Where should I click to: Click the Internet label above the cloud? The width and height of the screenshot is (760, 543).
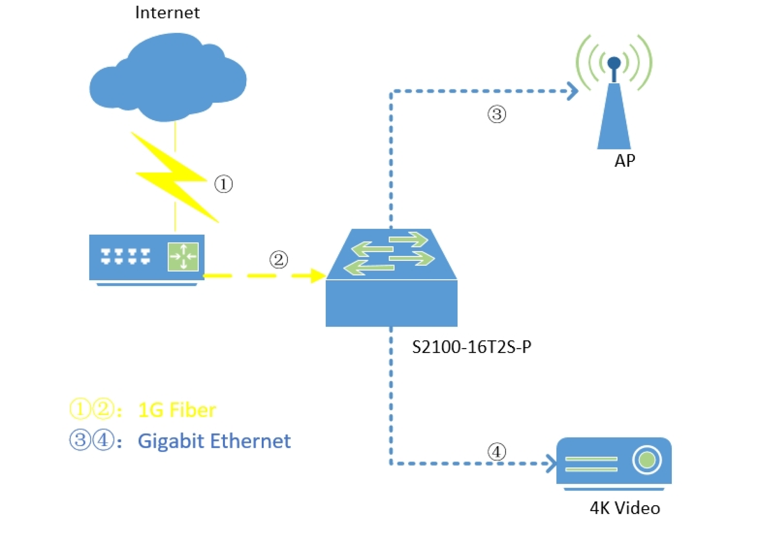coord(167,13)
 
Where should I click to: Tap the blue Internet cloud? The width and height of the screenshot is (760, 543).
coord(167,80)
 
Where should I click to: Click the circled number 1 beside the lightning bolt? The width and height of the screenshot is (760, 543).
coord(223,184)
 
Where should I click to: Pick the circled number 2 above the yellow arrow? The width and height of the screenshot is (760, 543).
coord(279,260)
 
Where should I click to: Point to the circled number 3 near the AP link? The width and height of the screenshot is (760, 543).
coord(497,114)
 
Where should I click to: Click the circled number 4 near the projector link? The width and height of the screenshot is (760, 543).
coord(497,452)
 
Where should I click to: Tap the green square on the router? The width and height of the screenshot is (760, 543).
coord(183,257)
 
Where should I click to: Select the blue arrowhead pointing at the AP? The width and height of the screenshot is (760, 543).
coord(573,91)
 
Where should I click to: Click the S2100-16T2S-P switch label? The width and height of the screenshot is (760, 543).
coord(471,347)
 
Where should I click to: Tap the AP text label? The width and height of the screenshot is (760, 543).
coord(624,161)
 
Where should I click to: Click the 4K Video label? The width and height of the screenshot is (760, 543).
coord(625,508)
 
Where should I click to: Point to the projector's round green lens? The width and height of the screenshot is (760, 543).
coord(647,460)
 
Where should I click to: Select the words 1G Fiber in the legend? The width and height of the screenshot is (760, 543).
coord(177,410)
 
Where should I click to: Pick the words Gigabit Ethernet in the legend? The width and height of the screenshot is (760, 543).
coord(214,441)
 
